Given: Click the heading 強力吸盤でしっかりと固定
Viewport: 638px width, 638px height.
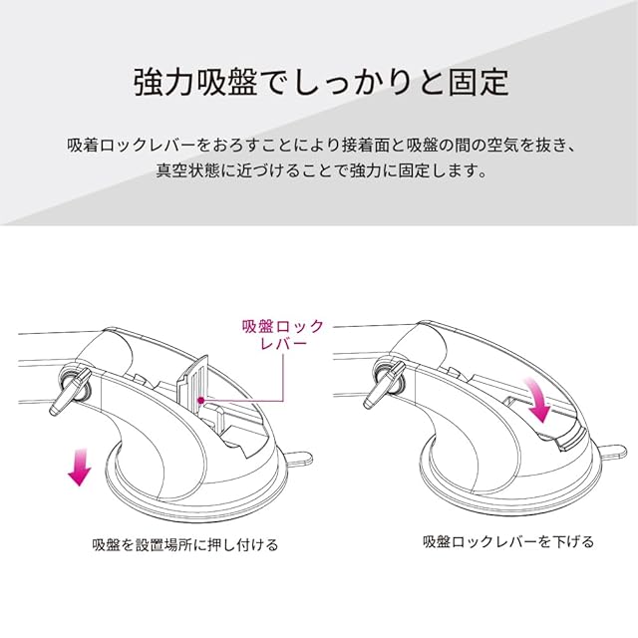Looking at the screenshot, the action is (321, 83).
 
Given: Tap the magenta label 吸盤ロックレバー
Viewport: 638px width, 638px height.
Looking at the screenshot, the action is (283, 335).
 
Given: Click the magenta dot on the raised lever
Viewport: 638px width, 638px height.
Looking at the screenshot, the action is (200, 401).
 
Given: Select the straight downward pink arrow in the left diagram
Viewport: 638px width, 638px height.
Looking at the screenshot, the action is (80, 468).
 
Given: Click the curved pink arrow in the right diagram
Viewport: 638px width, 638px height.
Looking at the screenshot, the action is (537, 401).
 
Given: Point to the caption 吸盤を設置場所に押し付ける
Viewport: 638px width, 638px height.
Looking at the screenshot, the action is (185, 544).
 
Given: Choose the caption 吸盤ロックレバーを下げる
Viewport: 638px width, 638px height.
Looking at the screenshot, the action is (508, 542).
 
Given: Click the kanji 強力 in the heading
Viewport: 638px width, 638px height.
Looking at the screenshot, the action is (164, 83).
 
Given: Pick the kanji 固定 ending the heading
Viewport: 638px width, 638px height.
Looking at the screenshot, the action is (478, 83).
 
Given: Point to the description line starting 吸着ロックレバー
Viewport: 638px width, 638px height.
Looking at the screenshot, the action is (321, 146).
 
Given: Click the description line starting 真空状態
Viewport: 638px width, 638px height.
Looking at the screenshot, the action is (321, 170).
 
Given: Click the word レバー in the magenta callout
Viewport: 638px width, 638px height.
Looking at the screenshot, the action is (283, 344).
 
